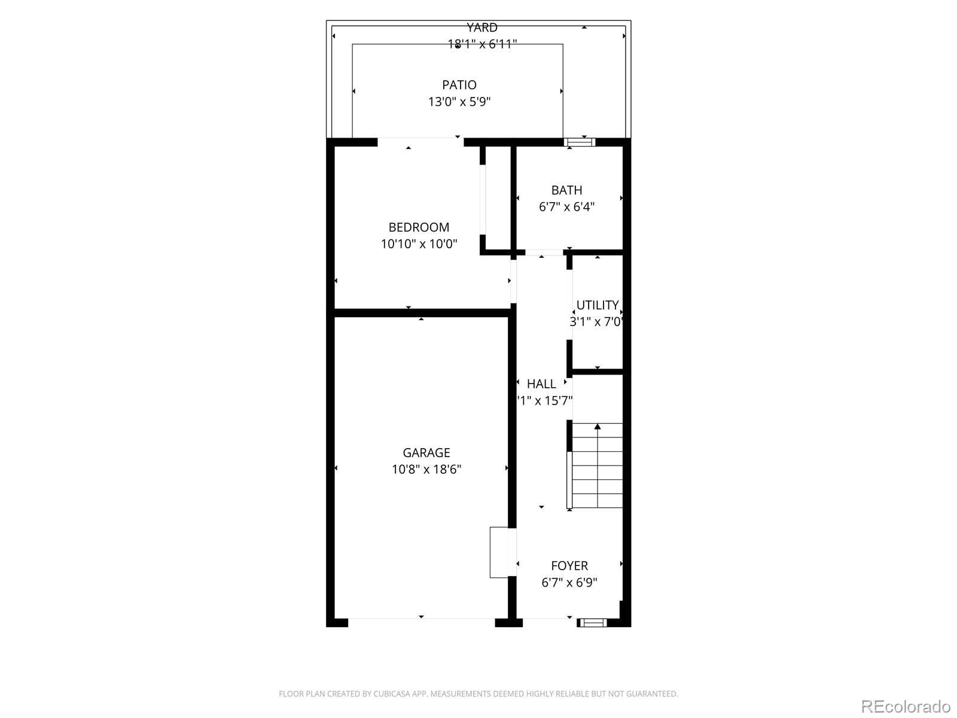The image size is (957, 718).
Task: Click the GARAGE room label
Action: click(x=426, y=453)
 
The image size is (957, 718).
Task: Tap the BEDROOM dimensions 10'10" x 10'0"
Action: click(x=419, y=244)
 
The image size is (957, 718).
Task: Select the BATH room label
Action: click(x=566, y=190)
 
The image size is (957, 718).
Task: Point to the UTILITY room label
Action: click(x=597, y=305)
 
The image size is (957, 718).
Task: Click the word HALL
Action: click(x=541, y=384)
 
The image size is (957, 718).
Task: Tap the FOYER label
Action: click(x=569, y=565)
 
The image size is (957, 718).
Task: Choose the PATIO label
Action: click(x=459, y=85)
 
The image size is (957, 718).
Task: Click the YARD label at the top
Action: click(x=482, y=28)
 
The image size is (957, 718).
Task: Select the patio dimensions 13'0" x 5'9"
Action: click(x=459, y=102)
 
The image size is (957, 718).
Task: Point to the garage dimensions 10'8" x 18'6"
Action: click(x=426, y=470)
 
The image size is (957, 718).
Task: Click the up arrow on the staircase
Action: click(x=597, y=427)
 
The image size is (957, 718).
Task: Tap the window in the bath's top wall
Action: click(x=580, y=142)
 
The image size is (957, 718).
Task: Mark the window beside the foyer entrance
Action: click(x=593, y=623)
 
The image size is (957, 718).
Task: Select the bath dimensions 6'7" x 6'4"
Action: click(x=566, y=207)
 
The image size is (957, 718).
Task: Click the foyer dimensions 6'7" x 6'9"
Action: click(x=569, y=582)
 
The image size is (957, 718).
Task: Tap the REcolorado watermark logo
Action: click(x=906, y=706)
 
